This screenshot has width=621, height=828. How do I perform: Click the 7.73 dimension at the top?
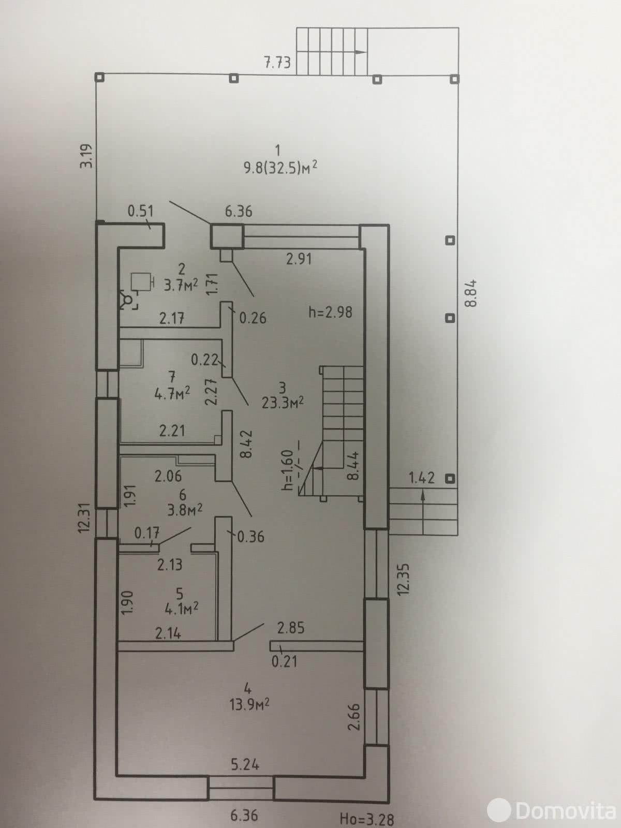(277, 63)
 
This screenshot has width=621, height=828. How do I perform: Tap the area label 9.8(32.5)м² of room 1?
(280, 168)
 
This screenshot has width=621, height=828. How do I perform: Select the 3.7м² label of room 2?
(181, 286)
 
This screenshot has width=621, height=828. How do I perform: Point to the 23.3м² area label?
(282, 403)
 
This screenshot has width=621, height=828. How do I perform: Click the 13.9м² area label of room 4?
(250, 704)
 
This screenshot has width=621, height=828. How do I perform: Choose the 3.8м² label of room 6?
(184, 510)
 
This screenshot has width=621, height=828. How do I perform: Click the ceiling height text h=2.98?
(330, 312)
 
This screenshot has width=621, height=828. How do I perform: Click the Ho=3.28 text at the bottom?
(367, 819)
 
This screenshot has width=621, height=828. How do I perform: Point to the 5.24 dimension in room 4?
(245, 764)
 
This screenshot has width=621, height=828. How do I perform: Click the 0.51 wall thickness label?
(141, 211)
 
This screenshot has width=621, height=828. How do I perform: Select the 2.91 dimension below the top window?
(299, 258)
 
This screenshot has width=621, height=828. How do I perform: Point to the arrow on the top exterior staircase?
(360, 52)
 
